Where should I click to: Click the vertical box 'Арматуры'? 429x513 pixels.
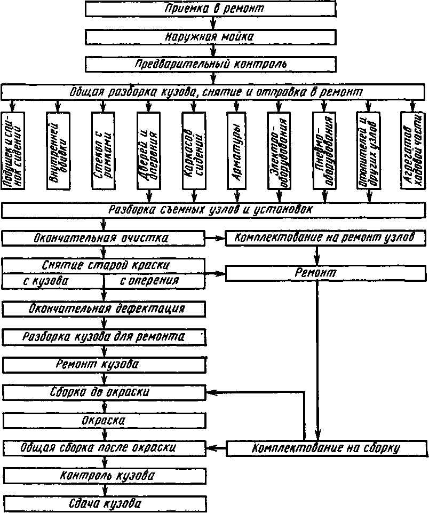click(x=236, y=150)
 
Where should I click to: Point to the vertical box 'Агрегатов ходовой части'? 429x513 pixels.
click(x=414, y=150)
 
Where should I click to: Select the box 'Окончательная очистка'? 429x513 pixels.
click(x=104, y=238)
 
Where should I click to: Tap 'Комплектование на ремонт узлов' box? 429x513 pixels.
click(x=327, y=238)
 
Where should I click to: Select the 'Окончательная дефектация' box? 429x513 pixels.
click(x=104, y=309)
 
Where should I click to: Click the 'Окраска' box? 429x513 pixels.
click(x=104, y=421)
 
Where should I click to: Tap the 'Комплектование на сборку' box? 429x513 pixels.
click(x=327, y=447)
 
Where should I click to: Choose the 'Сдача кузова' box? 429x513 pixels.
click(x=104, y=503)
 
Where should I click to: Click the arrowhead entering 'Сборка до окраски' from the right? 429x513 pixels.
click(x=210, y=392)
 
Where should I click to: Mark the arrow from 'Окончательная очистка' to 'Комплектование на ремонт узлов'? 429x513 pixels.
click(x=216, y=238)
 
